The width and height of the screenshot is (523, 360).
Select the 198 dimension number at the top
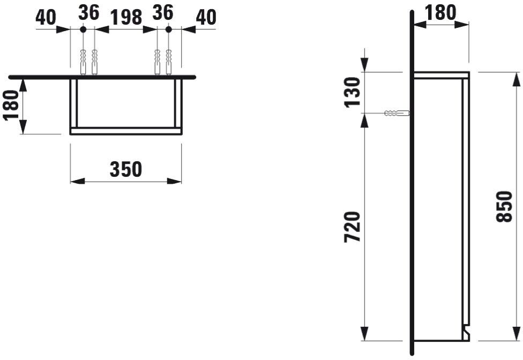126,17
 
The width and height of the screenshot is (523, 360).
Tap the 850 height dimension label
504,207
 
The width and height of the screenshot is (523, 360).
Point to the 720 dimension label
353,227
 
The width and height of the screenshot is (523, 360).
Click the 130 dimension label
353,92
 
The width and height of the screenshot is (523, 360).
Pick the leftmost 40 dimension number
46,17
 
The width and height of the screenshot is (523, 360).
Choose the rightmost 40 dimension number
206,17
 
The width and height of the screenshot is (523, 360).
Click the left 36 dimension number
89,13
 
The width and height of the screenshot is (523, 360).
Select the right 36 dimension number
163,13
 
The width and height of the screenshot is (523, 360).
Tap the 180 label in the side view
440,12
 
